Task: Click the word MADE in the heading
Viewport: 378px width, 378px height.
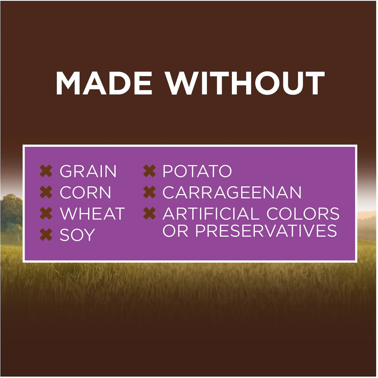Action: pyautogui.click(x=104, y=83)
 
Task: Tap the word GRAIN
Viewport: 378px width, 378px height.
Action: pyautogui.click(x=88, y=171)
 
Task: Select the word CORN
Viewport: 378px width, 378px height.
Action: pyautogui.click(x=85, y=192)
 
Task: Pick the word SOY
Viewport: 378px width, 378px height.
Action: pyautogui.click(x=77, y=235)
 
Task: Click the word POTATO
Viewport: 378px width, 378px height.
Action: pyautogui.click(x=197, y=171)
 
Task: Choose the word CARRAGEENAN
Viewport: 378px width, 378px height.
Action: pyautogui.click(x=232, y=192)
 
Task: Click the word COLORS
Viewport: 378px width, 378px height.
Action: pyautogui.click(x=303, y=214)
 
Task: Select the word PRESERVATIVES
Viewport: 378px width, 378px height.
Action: pyautogui.click(x=266, y=231)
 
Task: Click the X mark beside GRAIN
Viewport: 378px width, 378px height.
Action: pyautogui.click(x=46, y=171)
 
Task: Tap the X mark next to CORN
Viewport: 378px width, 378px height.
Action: pyautogui.click(x=46, y=192)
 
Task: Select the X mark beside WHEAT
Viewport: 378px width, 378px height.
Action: pyautogui.click(x=46, y=213)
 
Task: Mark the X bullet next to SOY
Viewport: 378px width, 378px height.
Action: pyautogui.click(x=46, y=235)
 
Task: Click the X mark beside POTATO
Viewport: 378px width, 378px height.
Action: pyautogui.click(x=150, y=171)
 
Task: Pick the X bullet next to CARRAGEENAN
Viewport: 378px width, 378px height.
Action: pyautogui.click(x=150, y=192)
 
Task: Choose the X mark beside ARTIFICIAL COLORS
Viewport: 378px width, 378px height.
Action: pyautogui.click(x=150, y=213)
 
